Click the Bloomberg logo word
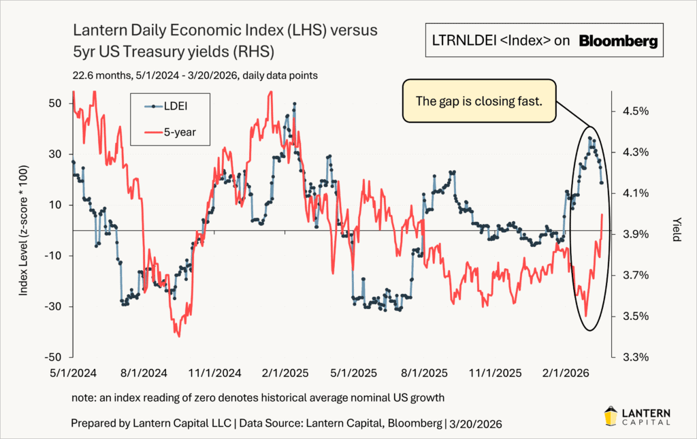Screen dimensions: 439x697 (x=619, y=42)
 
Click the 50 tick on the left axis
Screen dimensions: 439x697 (x=56, y=103)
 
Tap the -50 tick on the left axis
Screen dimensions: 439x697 (x=54, y=357)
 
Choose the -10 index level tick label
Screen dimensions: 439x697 (x=54, y=256)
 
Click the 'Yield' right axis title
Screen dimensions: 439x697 (x=677, y=230)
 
